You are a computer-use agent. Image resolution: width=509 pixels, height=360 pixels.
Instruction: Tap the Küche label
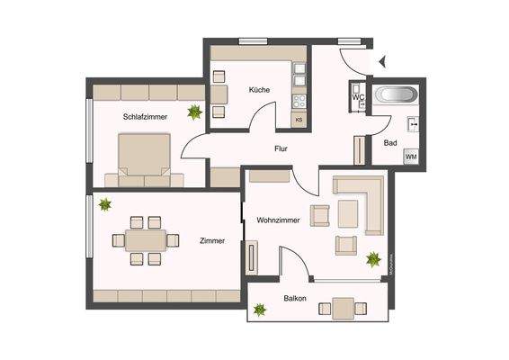pyautogui.click(x=261, y=89)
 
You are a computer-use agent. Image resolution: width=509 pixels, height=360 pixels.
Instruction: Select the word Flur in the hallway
pyautogui.click(x=287, y=151)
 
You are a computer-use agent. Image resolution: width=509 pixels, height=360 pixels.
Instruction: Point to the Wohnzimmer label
pyautogui.click(x=278, y=219)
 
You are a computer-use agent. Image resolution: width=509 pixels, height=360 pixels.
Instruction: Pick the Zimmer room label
pyautogui.click(x=212, y=240)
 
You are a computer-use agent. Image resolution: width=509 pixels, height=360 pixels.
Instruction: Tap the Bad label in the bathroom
pyautogui.click(x=389, y=143)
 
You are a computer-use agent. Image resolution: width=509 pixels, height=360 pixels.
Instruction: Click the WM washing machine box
pyautogui.click(x=411, y=158)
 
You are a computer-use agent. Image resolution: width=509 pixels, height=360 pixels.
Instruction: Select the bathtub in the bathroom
pyautogui.click(x=397, y=96)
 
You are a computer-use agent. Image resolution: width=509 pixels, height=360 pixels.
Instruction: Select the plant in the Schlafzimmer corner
pyautogui.click(x=194, y=112)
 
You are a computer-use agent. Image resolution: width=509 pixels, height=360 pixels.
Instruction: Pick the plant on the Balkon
pyautogui.click(x=260, y=310)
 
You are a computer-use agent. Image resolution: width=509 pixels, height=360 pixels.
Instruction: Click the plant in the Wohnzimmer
pyautogui.click(x=373, y=260)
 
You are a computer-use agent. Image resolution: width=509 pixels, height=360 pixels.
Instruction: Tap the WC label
pyautogui.click(x=357, y=96)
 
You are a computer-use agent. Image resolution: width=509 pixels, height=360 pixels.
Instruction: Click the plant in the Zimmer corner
pyautogui.click(x=104, y=204)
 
